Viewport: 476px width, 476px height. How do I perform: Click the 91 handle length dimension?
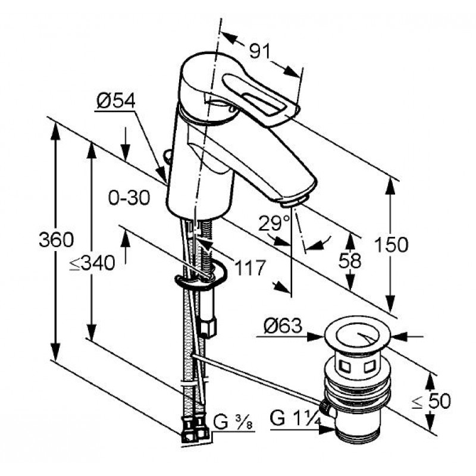point(260,51)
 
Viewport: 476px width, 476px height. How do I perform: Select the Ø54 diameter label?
point(116,101)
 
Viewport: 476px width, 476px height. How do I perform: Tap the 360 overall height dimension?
point(57,240)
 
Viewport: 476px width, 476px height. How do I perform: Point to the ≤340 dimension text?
point(92,263)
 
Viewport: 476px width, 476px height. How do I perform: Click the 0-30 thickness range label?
point(129,198)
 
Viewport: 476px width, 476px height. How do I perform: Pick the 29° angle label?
point(274,224)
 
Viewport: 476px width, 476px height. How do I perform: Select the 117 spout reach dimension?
point(250,267)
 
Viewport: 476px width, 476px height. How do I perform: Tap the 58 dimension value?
point(350,261)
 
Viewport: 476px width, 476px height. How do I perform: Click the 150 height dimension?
point(392,245)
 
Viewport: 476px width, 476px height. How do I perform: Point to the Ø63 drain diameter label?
point(283,325)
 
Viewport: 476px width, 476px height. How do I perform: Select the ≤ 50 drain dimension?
point(431,401)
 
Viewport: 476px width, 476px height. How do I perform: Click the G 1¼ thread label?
point(295,419)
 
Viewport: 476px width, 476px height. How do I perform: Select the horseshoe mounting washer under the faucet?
point(201,275)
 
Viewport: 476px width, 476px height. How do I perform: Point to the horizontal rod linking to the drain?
point(257,379)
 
